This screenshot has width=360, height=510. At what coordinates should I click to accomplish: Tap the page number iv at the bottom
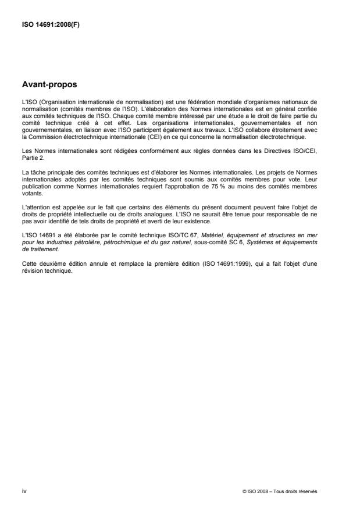click(23, 491)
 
